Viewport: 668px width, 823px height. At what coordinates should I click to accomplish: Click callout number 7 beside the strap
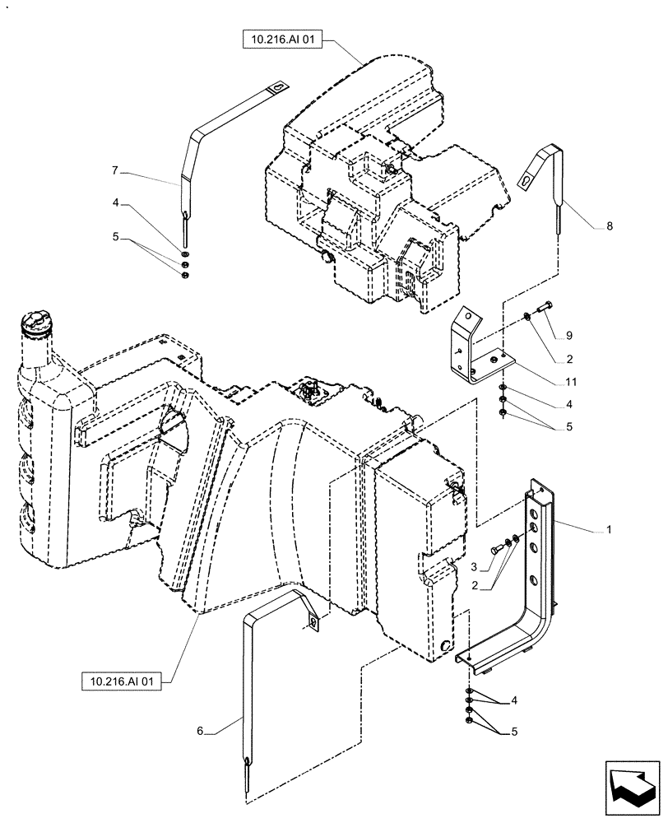tap(115, 170)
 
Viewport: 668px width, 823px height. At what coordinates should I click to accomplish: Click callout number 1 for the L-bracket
tap(609, 531)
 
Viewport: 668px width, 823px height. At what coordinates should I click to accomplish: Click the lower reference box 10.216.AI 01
tap(121, 681)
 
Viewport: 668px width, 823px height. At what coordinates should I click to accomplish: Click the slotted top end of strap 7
tap(279, 86)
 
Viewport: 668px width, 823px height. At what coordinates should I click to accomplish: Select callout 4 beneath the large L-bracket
tap(515, 700)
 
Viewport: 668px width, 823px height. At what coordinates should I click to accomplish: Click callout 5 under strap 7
tap(115, 236)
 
